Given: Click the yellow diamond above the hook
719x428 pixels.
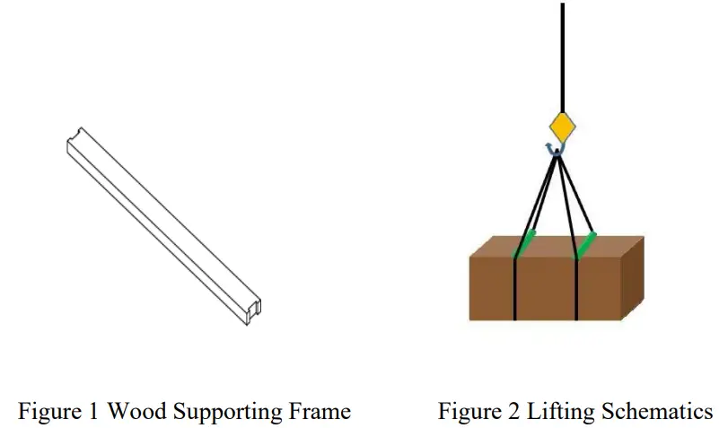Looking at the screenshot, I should click(562, 127).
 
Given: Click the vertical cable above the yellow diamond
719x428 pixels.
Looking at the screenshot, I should click(562, 54).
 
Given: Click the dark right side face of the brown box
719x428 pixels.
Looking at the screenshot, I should click(633, 278).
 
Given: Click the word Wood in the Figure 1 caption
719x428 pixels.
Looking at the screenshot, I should click(137, 412).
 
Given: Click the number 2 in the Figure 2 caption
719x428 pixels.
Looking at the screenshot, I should click(512, 412).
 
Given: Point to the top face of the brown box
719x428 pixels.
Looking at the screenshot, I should click(557, 247).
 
